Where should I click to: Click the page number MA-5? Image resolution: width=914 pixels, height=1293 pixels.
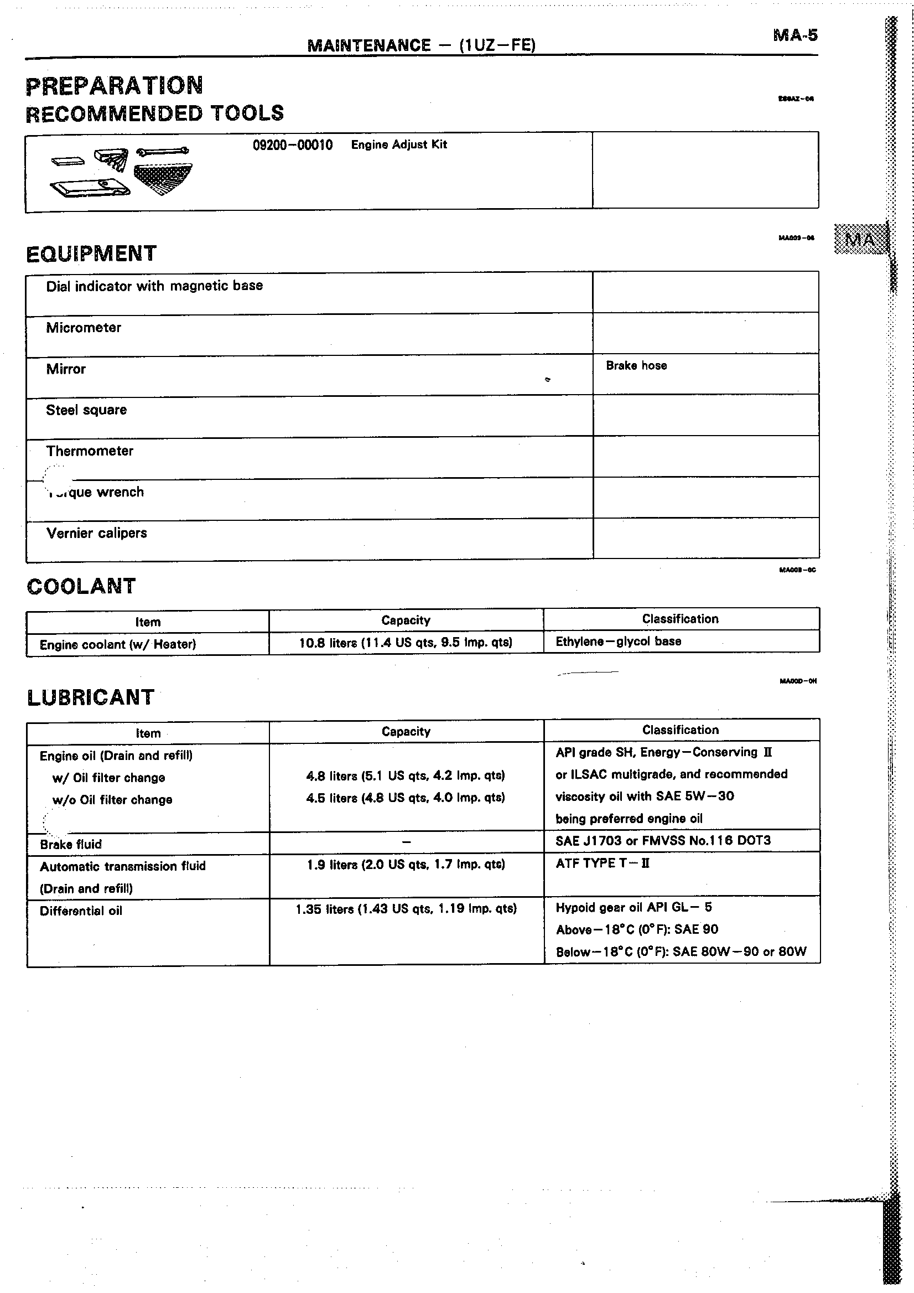[x=794, y=35]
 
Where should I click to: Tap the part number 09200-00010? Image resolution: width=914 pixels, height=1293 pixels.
[x=292, y=145]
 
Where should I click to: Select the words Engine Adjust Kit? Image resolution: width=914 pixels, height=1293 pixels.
[x=398, y=144]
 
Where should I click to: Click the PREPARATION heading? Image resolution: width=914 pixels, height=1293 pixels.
[x=114, y=86]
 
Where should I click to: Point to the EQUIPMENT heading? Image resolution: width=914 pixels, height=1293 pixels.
[x=91, y=254]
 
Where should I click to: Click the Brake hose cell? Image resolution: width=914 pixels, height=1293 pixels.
[x=636, y=365]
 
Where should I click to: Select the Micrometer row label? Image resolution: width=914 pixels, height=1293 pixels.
[x=84, y=328]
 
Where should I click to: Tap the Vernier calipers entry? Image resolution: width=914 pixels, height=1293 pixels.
[x=96, y=533]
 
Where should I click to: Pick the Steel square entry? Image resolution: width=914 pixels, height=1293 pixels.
[x=86, y=410]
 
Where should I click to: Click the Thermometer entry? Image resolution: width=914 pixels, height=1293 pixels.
[x=90, y=451]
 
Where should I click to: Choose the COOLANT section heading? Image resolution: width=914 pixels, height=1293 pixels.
[x=81, y=586]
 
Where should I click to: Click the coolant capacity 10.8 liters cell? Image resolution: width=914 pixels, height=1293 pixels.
[x=405, y=643]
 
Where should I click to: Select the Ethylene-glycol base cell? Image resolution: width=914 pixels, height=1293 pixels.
[x=618, y=642]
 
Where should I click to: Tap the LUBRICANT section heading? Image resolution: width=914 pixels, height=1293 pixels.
[x=90, y=697]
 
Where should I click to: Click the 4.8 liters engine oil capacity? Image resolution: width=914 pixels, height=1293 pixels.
[x=405, y=776]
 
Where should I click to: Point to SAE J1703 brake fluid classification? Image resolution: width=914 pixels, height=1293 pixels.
[x=662, y=841]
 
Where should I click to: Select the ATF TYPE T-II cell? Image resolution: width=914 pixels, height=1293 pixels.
[x=602, y=863]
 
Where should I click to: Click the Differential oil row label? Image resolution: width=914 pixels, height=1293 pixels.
[x=80, y=911]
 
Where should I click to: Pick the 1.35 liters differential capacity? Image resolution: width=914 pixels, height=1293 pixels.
[x=405, y=909]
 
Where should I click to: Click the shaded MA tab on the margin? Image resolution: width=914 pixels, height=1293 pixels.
[x=860, y=239]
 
